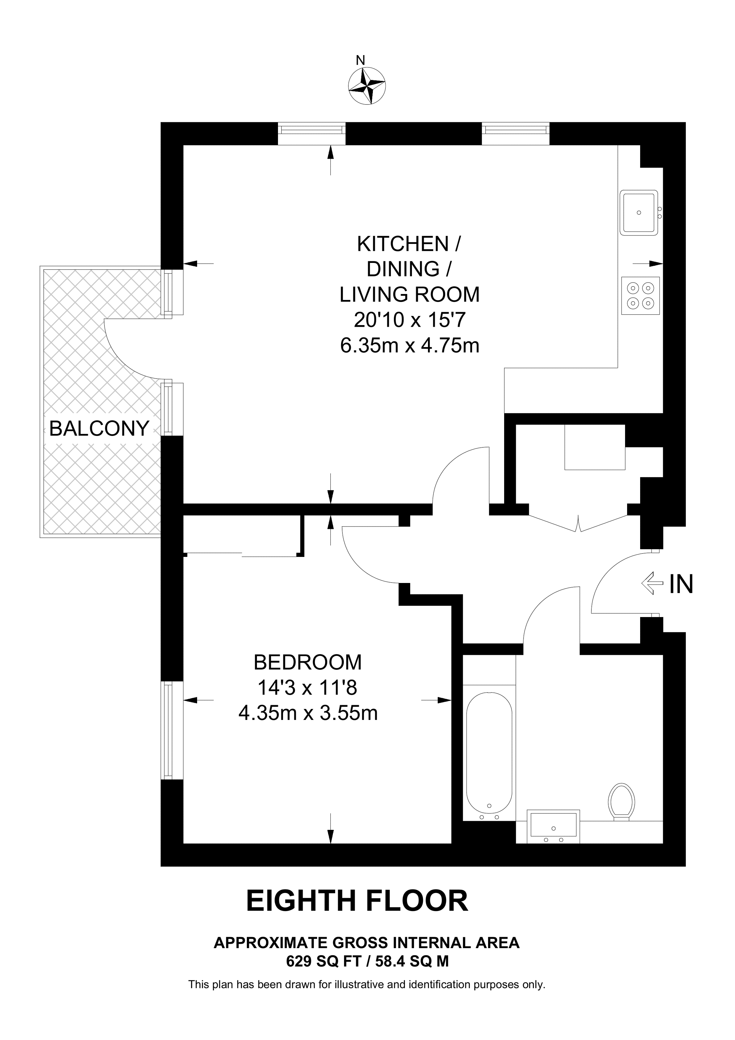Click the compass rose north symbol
click(367, 86)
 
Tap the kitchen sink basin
click(638, 212)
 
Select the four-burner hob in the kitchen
click(640, 295)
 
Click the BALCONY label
click(99, 428)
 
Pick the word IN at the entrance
click(681, 584)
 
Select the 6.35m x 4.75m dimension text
click(409, 346)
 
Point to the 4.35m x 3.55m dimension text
click(308, 713)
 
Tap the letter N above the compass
click(360, 60)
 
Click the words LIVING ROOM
click(409, 294)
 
